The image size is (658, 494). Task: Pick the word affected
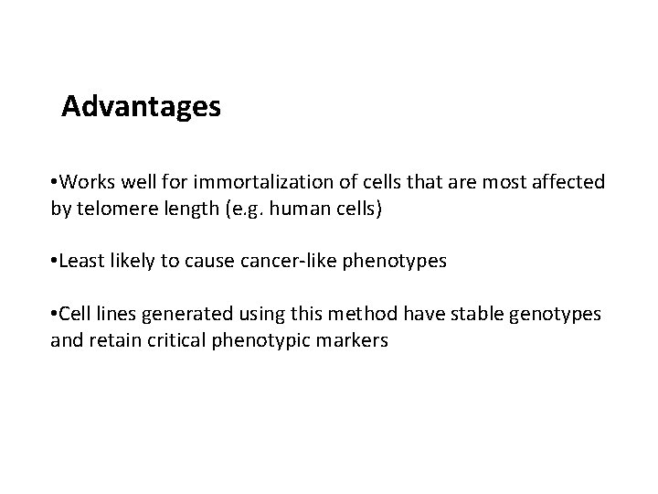568,182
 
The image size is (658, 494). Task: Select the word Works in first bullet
88,182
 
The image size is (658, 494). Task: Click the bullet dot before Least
55,262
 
